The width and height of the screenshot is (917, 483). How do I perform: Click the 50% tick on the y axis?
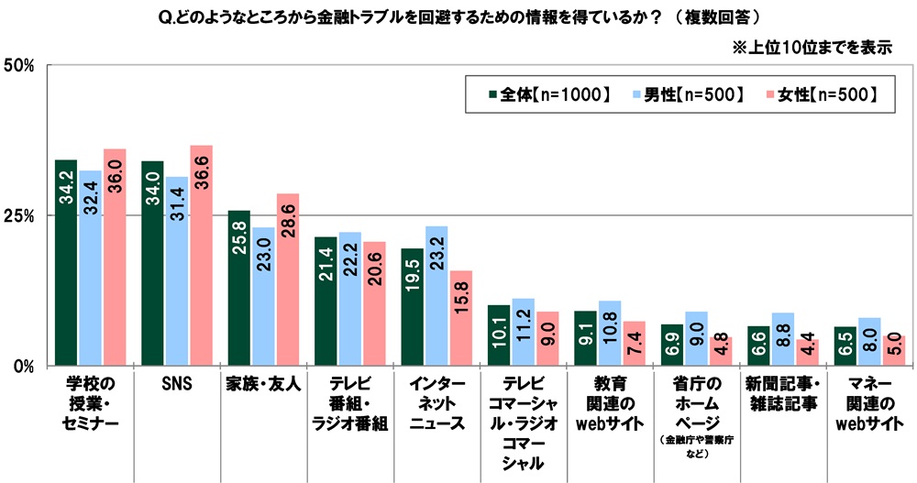pos(19,65)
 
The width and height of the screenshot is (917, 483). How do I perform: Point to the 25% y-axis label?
pos(19,215)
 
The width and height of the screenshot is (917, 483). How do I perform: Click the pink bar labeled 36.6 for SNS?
pos(201,256)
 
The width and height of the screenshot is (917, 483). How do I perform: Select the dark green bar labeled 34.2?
pos(66,263)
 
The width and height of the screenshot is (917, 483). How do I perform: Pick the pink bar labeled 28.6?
pos(288,280)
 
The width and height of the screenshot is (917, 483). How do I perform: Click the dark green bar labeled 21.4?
pos(326,302)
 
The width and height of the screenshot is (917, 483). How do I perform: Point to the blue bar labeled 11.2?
pos(524,332)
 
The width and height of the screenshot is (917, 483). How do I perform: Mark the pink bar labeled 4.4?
pos(806,353)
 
